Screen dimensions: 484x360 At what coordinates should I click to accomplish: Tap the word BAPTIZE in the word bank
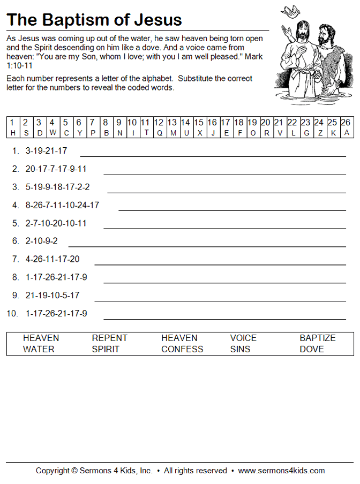317,338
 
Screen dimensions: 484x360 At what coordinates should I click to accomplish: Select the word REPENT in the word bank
109,338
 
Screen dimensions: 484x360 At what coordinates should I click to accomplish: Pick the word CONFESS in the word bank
182,350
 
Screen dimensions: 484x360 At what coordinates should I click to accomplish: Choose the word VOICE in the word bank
243,338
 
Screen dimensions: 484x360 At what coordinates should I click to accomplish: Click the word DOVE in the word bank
311,350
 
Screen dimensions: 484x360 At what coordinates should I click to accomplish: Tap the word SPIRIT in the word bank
106,350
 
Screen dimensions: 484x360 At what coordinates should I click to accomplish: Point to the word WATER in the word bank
39,350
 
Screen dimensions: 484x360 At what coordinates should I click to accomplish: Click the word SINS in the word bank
241,350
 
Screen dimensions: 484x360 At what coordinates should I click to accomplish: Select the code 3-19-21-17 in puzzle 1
47,151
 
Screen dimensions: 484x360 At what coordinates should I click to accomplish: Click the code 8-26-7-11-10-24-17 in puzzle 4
62,205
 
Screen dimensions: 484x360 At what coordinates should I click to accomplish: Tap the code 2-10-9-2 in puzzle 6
42,241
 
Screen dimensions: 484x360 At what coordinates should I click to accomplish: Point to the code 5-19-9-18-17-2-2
57,187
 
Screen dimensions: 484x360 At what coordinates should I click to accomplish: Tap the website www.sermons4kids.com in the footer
281,471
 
